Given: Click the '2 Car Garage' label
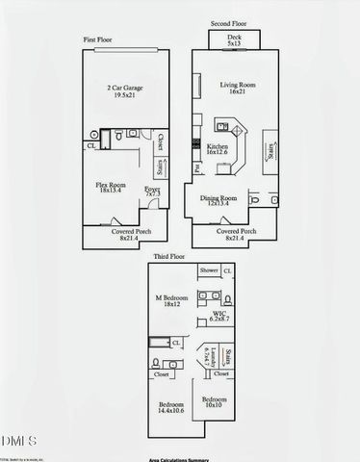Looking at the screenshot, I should (122, 90).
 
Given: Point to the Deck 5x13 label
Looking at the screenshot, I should (234, 39).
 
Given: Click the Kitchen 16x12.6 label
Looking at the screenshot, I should (218, 150).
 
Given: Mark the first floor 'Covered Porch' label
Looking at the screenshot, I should (122, 236).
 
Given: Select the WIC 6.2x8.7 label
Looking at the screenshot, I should (220, 319).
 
